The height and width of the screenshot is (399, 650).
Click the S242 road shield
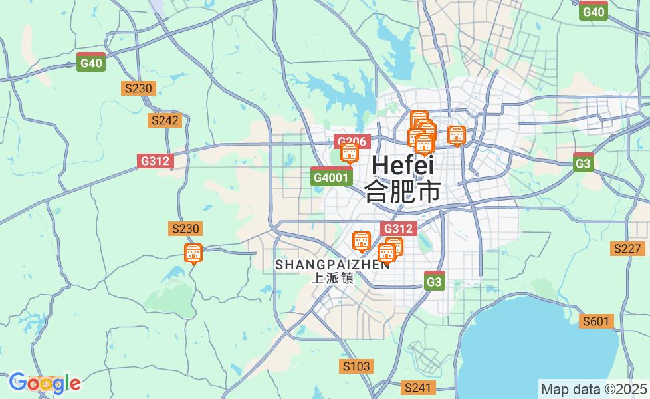(165, 120)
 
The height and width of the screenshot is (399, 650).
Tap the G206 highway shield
(351, 142)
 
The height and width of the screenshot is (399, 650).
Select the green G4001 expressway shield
(331, 178)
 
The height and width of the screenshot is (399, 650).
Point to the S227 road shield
(627, 249)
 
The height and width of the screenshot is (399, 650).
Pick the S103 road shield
(356, 366)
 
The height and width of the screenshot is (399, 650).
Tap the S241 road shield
(419, 387)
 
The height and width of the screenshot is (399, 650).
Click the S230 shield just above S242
(138, 88)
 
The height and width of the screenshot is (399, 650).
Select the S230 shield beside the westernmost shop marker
(185, 229)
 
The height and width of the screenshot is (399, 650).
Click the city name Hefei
(403, 165)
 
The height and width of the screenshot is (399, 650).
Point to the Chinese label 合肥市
(403, 192)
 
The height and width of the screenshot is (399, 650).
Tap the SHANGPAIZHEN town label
(333, 265)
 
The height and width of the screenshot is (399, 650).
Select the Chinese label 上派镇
(333, 278)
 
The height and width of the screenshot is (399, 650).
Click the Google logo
(45, 383)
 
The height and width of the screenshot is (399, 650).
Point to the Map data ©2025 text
(594, 389)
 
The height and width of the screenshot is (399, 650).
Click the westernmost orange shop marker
(193, 253)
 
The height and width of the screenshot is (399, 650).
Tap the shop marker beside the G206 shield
(350, 153)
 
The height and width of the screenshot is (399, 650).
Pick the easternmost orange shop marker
(457, 135)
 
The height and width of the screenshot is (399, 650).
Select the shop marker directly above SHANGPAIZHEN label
(362, 241)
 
